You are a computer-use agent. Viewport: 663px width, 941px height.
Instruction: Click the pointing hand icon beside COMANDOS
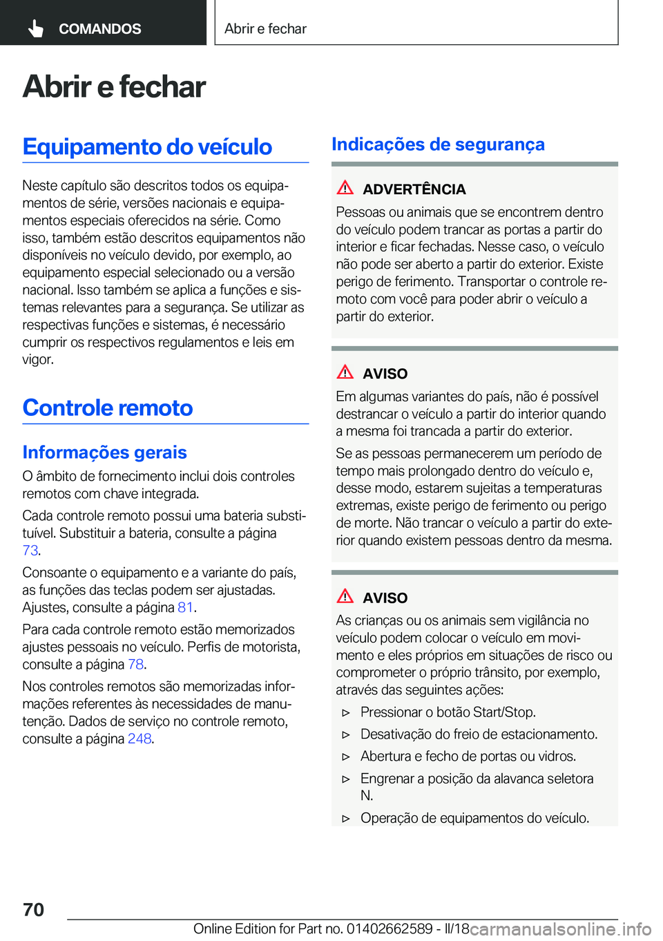click(36, 28)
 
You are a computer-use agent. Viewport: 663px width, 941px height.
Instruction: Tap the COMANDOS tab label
click(99, 29)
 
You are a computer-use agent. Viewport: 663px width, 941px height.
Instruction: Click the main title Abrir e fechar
click(114, 87)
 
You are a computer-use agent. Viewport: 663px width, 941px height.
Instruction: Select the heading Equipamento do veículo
click(147, 146)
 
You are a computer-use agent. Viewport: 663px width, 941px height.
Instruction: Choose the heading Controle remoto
click(108, 408)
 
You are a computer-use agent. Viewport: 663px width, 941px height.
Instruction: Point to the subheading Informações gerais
click(104, 452)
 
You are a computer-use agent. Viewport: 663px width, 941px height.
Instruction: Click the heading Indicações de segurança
click(438, 144)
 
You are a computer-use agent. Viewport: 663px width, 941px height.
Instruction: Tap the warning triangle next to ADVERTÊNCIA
click(345, 187)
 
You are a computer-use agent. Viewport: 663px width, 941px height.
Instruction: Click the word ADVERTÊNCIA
click(414, 189)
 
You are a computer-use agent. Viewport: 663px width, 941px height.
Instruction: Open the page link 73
click(30, 551)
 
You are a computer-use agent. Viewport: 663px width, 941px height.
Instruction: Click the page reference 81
click(185, 607)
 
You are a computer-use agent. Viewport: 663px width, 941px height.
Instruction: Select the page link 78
click(135, 664)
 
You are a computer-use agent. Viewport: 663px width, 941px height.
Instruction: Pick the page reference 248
click(140, 739)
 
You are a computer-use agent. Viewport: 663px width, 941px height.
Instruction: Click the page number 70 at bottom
click(34, 909)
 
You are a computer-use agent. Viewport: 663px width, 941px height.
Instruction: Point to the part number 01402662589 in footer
click(390, 929)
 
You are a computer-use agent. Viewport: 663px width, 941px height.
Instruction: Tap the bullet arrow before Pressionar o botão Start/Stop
click(346, 712)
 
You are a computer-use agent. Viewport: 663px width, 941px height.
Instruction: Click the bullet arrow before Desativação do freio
click(346, 734)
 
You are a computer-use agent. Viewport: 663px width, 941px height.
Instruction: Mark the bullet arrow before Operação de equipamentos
click(346, 819)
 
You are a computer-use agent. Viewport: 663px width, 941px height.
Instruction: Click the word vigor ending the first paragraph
click(37, 359)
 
